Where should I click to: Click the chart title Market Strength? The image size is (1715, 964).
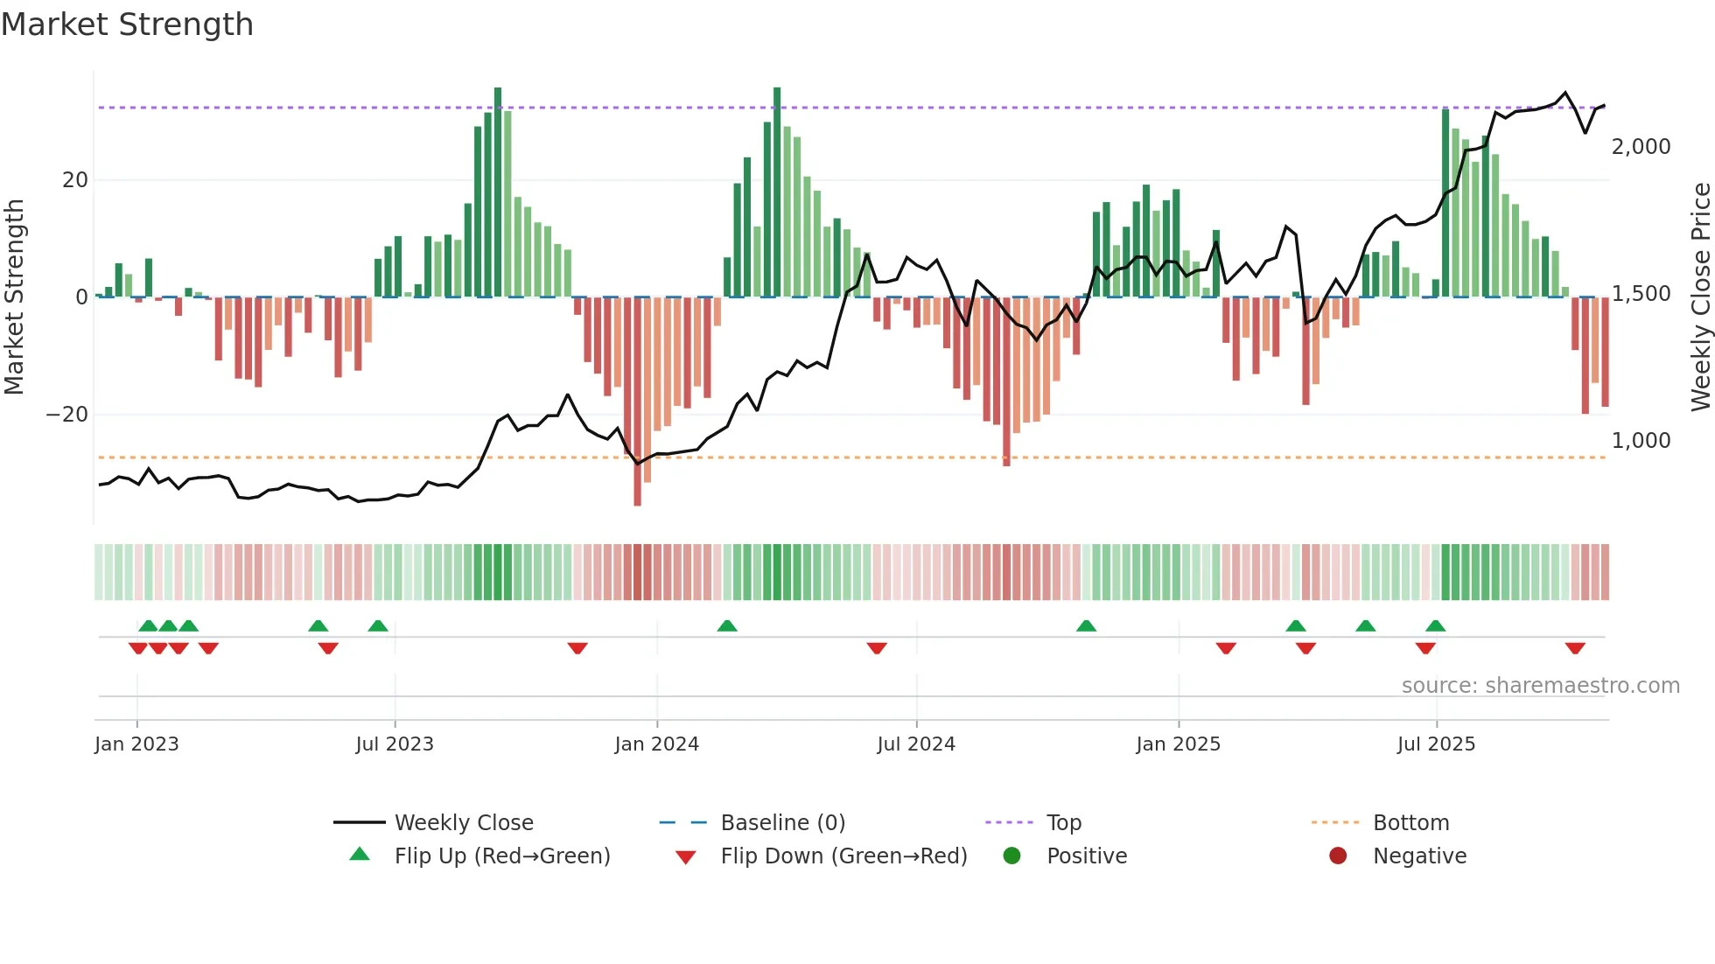pyautogui.click(x=127, y=24)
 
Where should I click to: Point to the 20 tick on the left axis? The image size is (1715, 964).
pyautogui.click(x=75, y=180)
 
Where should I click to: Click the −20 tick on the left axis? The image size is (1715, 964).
pyautogui.click(x=67, y=415)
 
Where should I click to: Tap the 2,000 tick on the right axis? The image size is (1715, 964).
pyautogui.click(x=1641, y=147)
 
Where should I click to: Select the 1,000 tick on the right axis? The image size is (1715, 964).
pyautogui.click(x=1641, y=441)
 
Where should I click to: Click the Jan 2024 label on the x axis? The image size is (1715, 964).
pyautogui.click(x=656, y=744)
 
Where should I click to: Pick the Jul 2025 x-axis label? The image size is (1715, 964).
pyautogui.click(x=1436, y=744)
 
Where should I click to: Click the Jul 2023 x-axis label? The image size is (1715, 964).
pyautogui.click(x=395, y=744)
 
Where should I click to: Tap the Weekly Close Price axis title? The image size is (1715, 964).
pyautogui.click(x=1700, y=297)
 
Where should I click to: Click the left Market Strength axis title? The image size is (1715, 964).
pyautogui.click(x=15, y=297)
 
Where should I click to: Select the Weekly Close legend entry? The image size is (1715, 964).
pyautogui.click(x=463, y=823)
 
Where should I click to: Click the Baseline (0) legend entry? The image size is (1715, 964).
pyautogui.click(x=782, y=823)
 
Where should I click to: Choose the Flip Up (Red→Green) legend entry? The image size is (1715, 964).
pyautogui.click(x=501, y=856)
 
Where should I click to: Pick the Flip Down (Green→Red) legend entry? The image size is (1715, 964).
pyautogui.click(x=843, y=856)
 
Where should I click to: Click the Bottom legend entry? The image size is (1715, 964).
pyautogui.click(x=1410, y=823)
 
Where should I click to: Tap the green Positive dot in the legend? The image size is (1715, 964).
pyautogui.click(x=1011, y=856)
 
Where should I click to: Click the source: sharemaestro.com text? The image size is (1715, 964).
pyautogui.click(x=1540, y=686)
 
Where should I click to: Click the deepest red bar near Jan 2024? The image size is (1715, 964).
pyautogui.click(x=637, y=402)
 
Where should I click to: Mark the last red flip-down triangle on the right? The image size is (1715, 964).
pyautogui.click(x=1575, y=648)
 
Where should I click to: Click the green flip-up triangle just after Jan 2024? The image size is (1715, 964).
pyautogui.click(x=727, y=625)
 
